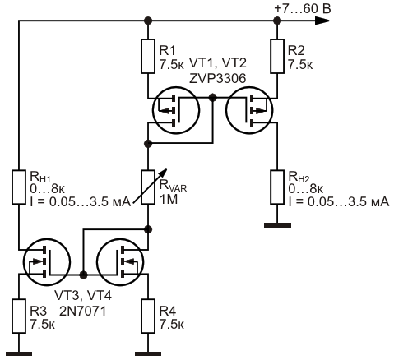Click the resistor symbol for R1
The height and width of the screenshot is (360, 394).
point(148,56)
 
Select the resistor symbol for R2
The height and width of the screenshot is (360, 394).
point(277,56)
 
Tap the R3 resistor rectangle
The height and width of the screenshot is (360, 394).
point(19,316)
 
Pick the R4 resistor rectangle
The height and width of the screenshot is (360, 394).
point(148,316)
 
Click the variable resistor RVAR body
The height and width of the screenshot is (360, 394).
point(148,187)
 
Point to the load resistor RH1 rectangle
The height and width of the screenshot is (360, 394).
point(19,187)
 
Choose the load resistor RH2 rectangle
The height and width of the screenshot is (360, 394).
point(277,187)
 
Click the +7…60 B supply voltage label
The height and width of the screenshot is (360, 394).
point(303,8)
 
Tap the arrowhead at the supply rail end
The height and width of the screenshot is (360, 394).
point(322,21)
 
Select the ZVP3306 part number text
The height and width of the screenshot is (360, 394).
point(217,79)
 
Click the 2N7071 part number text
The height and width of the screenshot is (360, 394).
point(82,311)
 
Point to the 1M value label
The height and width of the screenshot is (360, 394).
point(169,200)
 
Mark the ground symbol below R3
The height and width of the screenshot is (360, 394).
point(19,354)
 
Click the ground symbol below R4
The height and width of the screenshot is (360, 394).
point(148,354)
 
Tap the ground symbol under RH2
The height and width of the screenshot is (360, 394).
point(277,225)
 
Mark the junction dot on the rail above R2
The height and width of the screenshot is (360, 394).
point(277,21)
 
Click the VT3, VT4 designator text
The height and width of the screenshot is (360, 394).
point(83,296)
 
